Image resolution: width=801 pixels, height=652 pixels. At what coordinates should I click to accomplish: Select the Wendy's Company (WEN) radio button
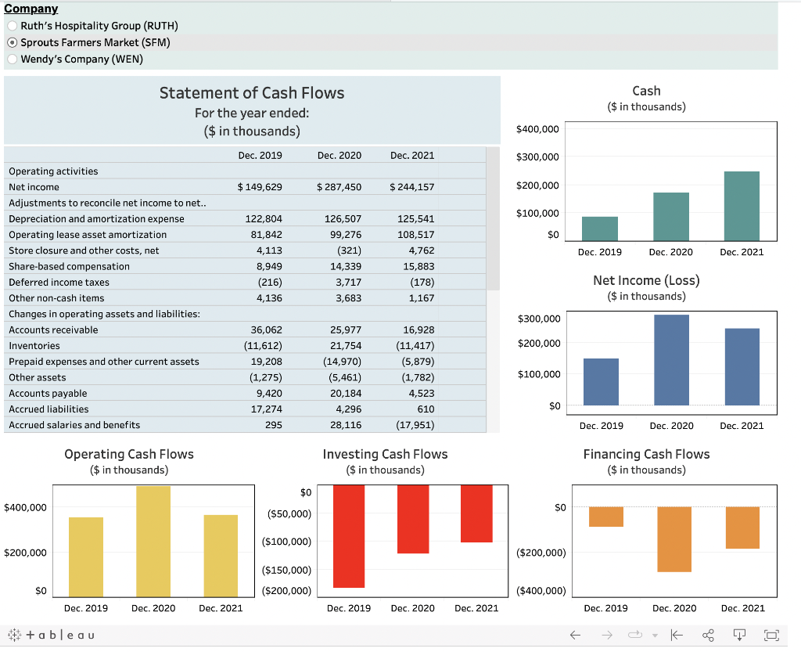point(13,59)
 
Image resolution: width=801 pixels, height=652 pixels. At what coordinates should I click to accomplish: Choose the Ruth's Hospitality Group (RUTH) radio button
point(13,26)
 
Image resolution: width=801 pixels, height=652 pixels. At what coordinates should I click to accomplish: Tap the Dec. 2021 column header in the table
point(411,156)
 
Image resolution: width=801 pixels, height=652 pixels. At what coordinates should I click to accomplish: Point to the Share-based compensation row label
point(69,266)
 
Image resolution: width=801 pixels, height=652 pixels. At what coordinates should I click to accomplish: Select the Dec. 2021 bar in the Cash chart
point(742,206)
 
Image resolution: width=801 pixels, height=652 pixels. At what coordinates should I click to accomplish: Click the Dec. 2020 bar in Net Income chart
point(671,360)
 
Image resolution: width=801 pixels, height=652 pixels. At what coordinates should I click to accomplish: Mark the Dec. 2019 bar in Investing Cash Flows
point(349,536)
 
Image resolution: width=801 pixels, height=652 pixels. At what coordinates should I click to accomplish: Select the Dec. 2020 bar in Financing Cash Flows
point(674,539)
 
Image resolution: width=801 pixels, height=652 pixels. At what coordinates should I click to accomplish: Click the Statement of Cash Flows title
point(252,93)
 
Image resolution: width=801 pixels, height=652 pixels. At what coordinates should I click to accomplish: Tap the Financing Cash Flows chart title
point(646,454)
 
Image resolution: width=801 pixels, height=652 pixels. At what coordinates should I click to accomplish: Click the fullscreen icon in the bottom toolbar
point(772,635)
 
